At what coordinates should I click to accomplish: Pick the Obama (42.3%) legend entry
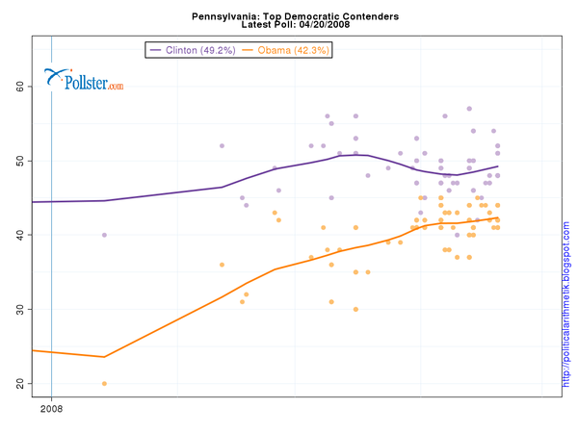coord(286,49)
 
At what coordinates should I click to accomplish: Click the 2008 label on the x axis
coord(51,409)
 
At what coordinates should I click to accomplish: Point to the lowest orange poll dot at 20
coord(104,383)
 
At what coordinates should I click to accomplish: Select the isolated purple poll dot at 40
coord(104,235)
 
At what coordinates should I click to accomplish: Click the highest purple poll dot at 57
coord(469,109)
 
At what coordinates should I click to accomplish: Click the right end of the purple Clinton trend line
coord(497,166)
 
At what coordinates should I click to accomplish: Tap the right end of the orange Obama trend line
coord(497,217)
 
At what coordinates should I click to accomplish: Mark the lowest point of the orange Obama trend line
coord(104,357)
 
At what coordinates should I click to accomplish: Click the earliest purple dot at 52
coord(222,146)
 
